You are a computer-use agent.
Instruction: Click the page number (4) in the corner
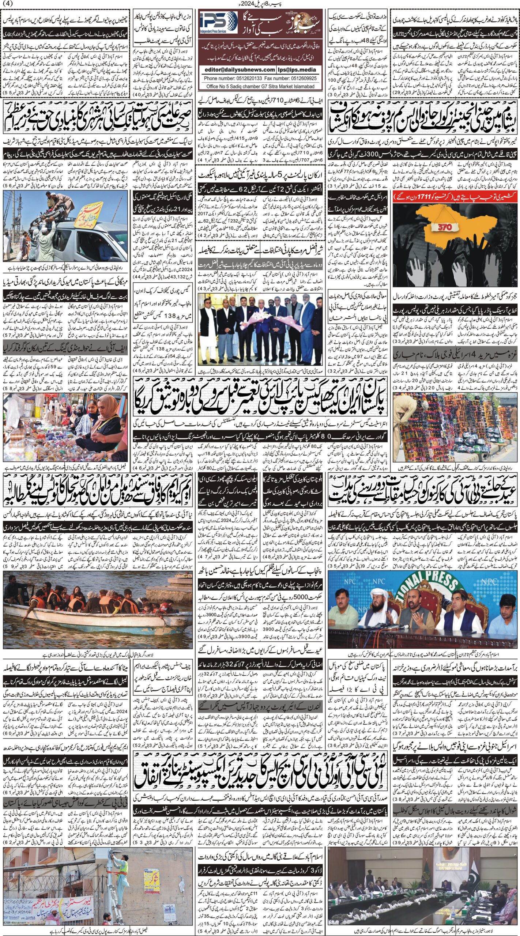7,3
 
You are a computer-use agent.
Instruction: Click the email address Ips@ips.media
297,69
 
